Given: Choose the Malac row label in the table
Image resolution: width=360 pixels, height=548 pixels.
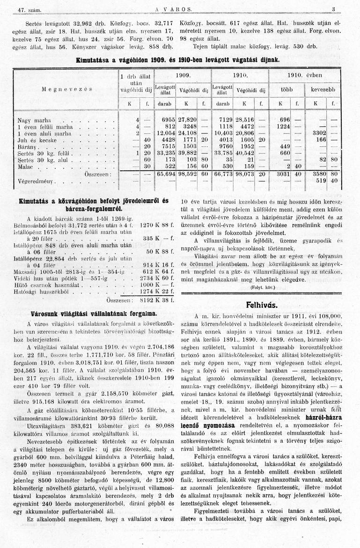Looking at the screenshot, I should click(26, 166).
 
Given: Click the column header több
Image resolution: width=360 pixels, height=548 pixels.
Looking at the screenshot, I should click(287, 88).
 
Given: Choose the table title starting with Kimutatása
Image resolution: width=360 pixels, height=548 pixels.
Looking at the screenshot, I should click(178, 60).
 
